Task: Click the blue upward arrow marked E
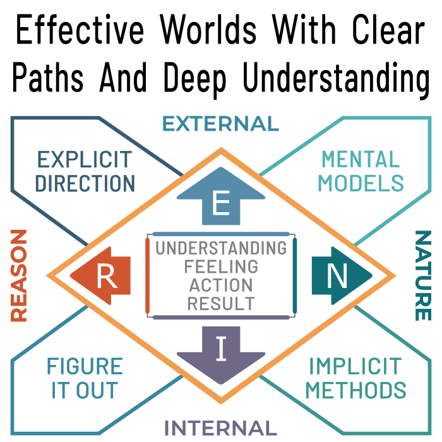pyautogui.click(x=221, y=200)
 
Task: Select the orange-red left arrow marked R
pyautogui.click(x=102, y=276)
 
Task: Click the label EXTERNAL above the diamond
pyautogui.click(x=220, y=124)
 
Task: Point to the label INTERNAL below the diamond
pyautogui.click(x=220, y=428)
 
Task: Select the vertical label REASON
pyautogui.click(x=19, y=276)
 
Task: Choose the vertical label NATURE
pyautogui.click(x=422, y=276)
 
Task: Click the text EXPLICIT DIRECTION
pyautogui.click(x=85, y=171)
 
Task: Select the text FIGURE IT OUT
pyautogui.click(x=85, y=378)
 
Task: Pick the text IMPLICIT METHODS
pyautogui.click(x=355, y=378)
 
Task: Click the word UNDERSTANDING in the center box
pyautogui.click(x=221, y=248)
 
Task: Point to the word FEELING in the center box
pyautogui.click(x=221, y=266)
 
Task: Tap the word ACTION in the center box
pyautogui.click(x=221, y=285)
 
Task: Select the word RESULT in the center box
pyautogui.click(x=221, y=303)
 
